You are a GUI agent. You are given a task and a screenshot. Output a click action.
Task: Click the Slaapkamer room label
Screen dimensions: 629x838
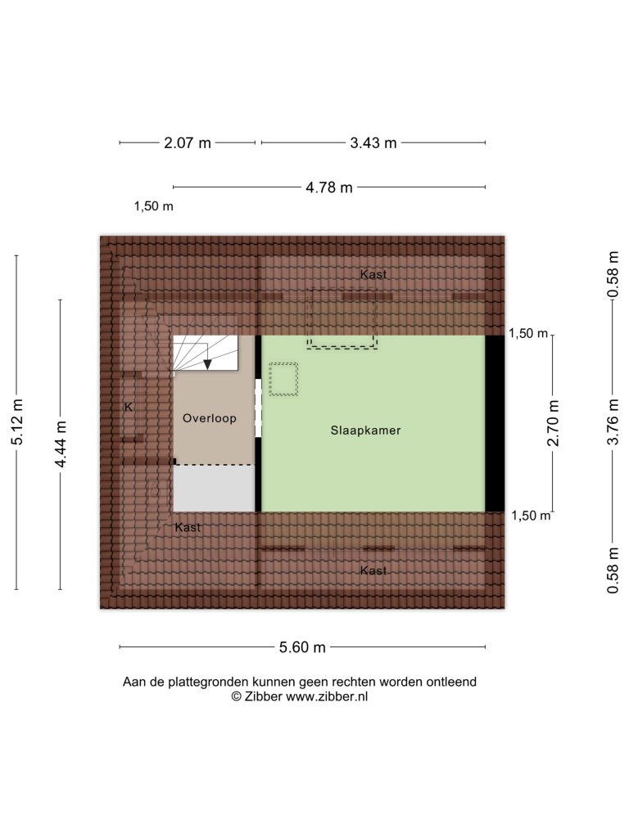(365, 430)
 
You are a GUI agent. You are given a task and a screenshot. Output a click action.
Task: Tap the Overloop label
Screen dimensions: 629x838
(209, 418)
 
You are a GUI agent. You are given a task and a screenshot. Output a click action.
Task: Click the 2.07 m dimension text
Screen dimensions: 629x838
(188, 142)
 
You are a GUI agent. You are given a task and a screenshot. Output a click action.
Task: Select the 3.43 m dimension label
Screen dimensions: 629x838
(373, 142)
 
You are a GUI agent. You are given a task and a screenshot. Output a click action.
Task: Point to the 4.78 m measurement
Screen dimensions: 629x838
(329, 187)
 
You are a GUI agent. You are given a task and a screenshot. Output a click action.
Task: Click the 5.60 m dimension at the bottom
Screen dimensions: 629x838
(302, 647)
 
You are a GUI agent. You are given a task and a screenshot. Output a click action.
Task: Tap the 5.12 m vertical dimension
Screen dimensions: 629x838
(17, 422)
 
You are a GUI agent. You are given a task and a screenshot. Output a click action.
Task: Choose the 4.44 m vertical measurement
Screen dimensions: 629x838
(61, 444)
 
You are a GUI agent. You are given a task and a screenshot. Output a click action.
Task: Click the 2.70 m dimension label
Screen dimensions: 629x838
(553, 423)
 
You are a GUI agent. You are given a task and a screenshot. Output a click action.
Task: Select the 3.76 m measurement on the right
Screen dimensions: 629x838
(613, 422)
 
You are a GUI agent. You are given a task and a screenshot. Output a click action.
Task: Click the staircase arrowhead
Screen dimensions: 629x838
(207, 364)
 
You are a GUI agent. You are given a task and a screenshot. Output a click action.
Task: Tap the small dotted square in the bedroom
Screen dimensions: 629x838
(283, 380)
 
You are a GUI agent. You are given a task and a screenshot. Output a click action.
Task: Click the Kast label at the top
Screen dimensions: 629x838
(373, 275)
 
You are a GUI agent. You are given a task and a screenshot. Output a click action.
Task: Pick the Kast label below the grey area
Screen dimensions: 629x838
(188, 528)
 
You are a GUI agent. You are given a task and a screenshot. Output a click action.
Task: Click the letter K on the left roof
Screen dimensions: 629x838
(129, 408)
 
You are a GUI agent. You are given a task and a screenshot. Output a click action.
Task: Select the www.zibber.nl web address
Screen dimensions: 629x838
(327, 696)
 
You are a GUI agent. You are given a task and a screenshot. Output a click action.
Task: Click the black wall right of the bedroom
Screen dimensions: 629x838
(495, 423)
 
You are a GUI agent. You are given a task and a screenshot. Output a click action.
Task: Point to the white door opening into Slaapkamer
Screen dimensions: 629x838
(258, 408)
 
